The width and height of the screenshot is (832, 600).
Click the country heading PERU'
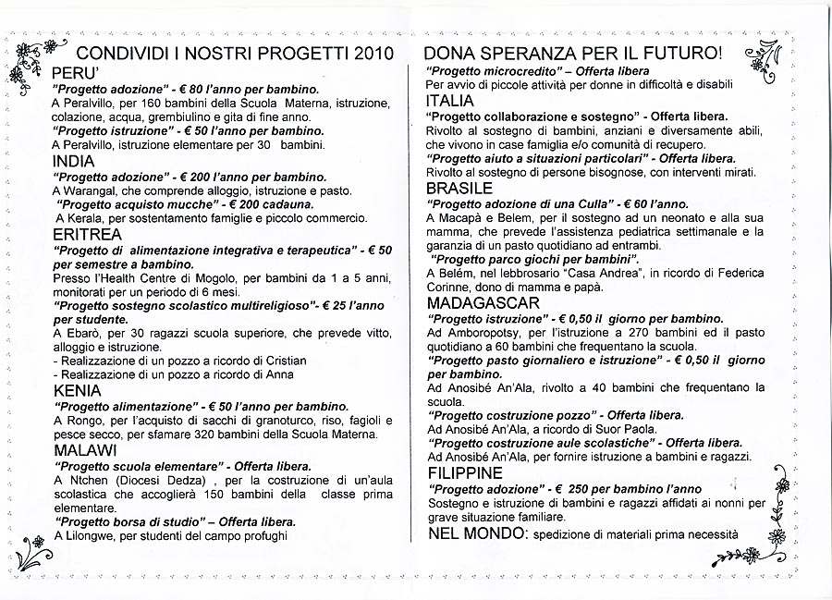75,72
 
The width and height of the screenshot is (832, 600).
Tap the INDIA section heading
73,161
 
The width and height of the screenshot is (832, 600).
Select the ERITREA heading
87,235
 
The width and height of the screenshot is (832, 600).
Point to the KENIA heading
77,390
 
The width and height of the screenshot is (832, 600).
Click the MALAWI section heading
84,450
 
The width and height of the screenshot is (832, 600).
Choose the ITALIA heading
450,101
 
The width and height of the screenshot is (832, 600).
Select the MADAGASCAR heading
483,302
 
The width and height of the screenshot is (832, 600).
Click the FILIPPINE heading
465,473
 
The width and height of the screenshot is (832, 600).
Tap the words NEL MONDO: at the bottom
475,534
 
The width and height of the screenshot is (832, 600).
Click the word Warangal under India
92,190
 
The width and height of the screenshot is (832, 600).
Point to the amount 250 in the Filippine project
580,488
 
